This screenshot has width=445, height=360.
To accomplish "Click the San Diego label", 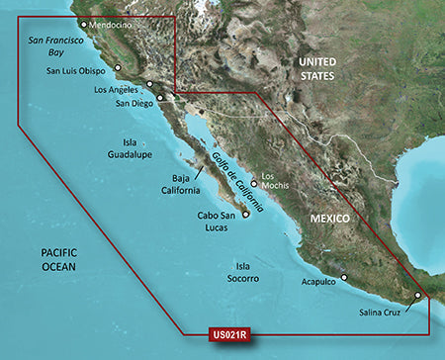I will pyautogui.click(x=134, y=103).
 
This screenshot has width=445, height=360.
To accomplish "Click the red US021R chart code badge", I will pyautogui.click(x=228, y=335).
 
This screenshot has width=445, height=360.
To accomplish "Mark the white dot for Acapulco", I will pyautogui.click(x=344, y=249).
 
